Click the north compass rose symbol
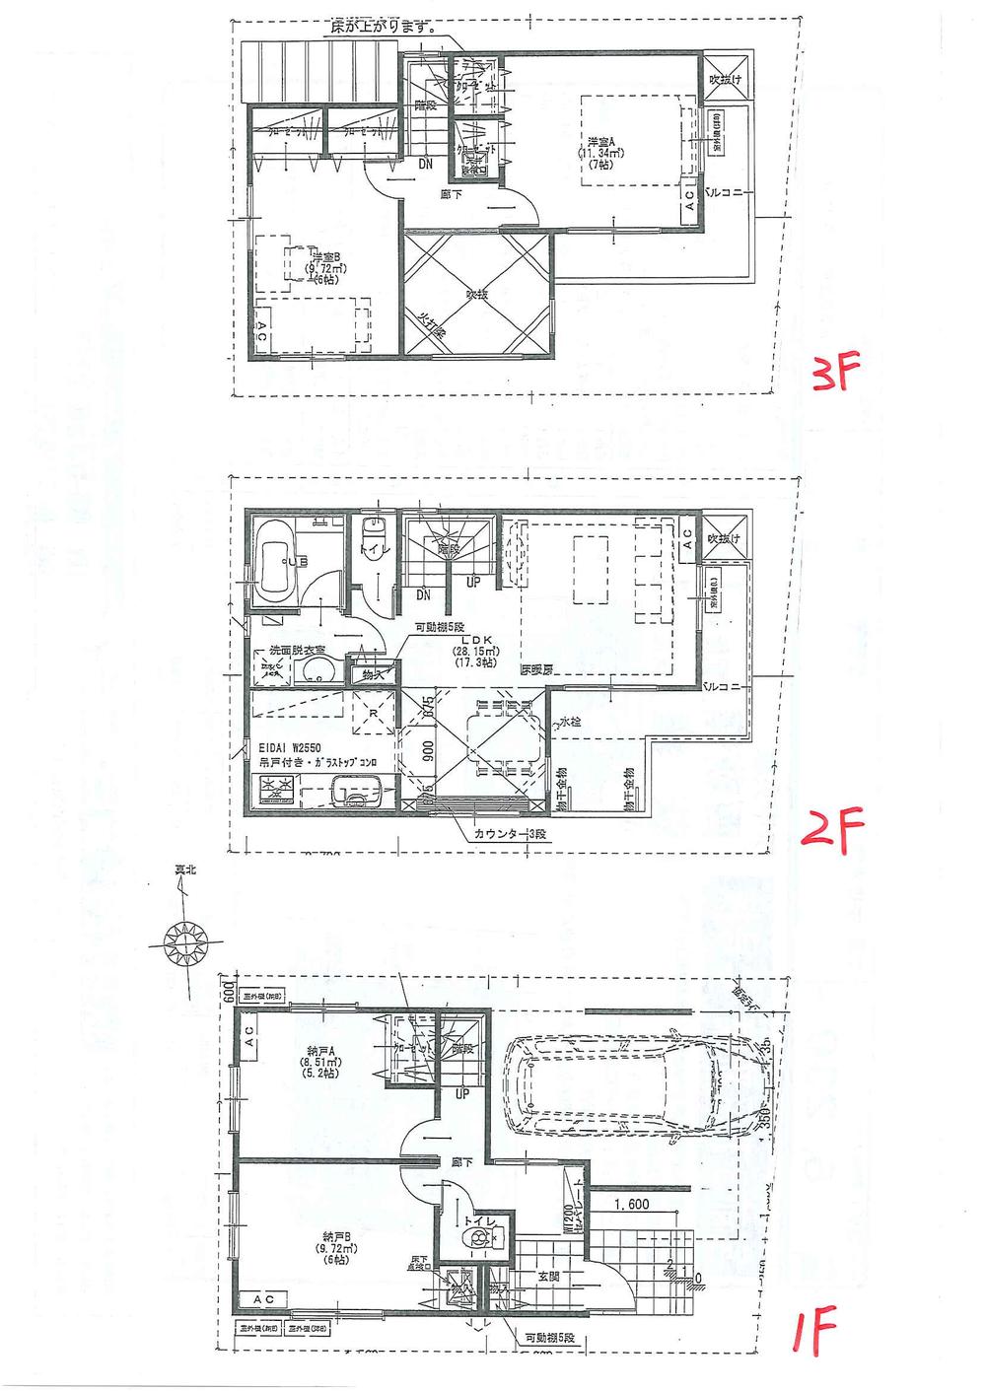tap(186, 941)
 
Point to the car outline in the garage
tap(636, 1087)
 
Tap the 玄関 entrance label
tap(549, 1276)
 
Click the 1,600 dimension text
tap(631, 1204)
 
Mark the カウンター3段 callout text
tap(507, 834)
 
